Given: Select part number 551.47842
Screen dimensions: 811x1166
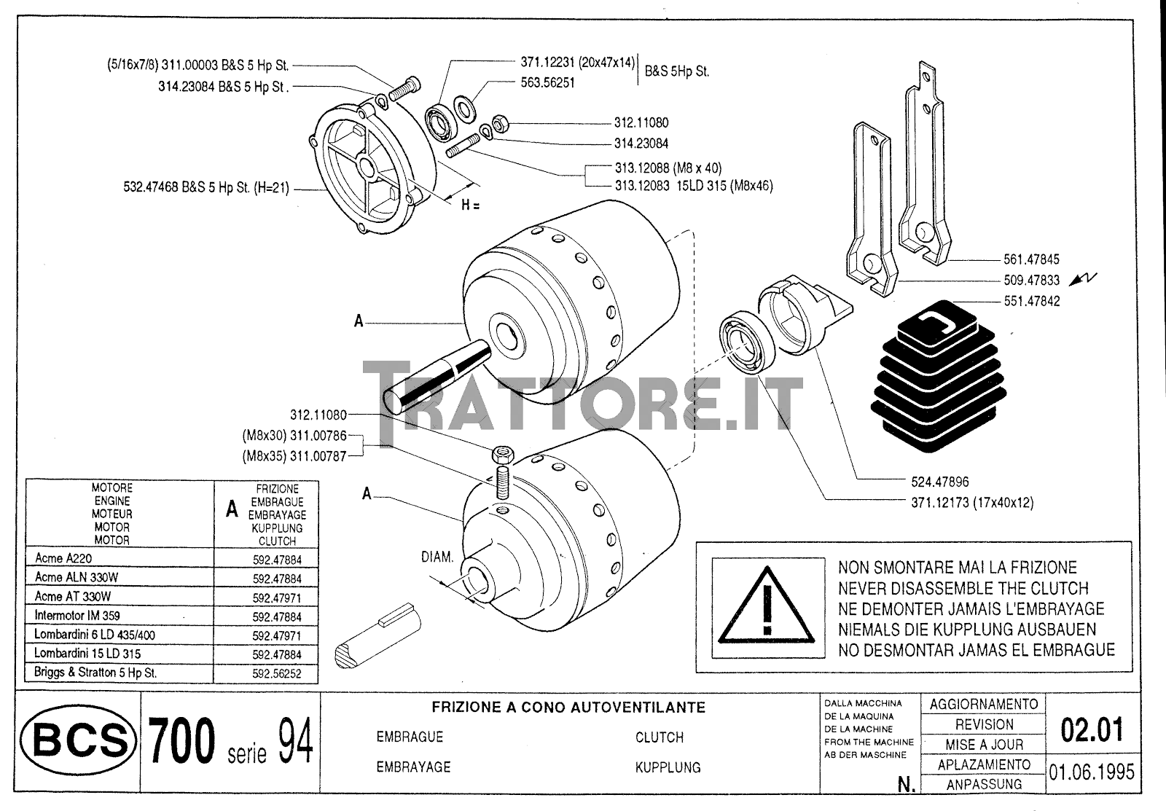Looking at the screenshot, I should click(x=1032, y=301).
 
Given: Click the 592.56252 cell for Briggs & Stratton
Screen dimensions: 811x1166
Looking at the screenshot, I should click(x=276, y=674).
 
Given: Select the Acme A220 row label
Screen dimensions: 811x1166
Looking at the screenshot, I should click(x=63, y=559).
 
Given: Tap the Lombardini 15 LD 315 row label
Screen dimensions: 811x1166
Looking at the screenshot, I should click(x=87, y=654).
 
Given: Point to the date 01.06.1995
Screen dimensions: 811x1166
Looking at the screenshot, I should click(x=1091, y=771).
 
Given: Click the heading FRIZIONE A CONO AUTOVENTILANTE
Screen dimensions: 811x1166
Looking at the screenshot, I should click(x=568, y=708).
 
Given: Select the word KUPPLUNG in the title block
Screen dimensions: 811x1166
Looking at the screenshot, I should click(x=668, y=767).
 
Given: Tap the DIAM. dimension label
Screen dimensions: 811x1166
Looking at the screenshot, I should click(x=437, y=557).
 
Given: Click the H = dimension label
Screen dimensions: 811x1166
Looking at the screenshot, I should click(x=470, y=205).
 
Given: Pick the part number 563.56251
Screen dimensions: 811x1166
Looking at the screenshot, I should click(x=547, y=83).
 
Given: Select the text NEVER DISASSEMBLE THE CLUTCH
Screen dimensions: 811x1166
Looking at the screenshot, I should click(x=963, y=588).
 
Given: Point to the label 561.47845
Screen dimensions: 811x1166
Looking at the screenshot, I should click(x=1030, y=259).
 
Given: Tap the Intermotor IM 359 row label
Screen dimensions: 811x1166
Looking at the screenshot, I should click(x=77, y=616).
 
